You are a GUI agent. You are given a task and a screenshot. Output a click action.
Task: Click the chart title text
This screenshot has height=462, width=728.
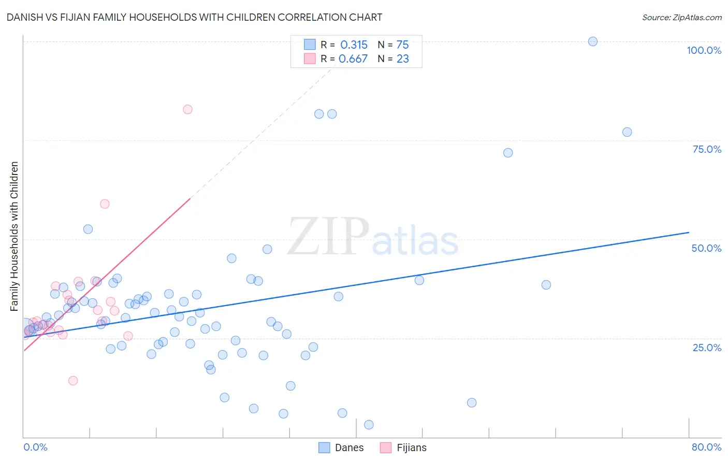pos(194,17)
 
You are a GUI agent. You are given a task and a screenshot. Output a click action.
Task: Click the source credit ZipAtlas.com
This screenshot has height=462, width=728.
pos(681,17)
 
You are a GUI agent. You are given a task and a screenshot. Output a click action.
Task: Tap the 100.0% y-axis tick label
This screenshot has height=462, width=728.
pos(704,50)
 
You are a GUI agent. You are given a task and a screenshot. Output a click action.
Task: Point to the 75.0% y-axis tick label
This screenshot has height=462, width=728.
pos(707,149)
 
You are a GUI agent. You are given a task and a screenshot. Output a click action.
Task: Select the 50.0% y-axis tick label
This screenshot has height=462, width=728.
pos(706,248)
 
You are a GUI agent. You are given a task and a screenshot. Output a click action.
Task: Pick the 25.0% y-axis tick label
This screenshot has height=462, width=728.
pos(707,347)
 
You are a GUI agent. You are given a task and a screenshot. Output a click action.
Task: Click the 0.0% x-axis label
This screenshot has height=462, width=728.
pos(35,447)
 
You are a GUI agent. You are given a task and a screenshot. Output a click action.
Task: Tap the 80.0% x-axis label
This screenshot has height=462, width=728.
pos(706,447)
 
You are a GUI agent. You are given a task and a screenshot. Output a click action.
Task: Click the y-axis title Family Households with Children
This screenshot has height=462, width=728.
pos(14,236)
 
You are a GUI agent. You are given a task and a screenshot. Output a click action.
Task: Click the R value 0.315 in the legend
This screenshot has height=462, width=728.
pos(354,45)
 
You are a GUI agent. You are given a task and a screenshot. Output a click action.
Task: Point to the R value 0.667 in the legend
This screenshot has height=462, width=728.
pos(353,59)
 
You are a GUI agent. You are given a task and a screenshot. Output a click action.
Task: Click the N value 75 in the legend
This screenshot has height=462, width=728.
pos(402,45)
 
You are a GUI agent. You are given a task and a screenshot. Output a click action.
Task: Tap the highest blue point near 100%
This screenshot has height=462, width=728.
pos(593,41)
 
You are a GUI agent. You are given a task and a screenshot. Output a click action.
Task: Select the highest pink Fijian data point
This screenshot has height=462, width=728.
pos(187,109)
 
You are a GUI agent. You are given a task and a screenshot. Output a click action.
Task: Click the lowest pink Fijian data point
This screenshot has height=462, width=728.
pos(73,381)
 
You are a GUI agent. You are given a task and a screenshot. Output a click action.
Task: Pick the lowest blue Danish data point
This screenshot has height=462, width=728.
pos(369,425)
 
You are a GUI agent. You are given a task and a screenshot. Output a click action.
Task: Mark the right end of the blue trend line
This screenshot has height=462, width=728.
pos(689,233)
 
